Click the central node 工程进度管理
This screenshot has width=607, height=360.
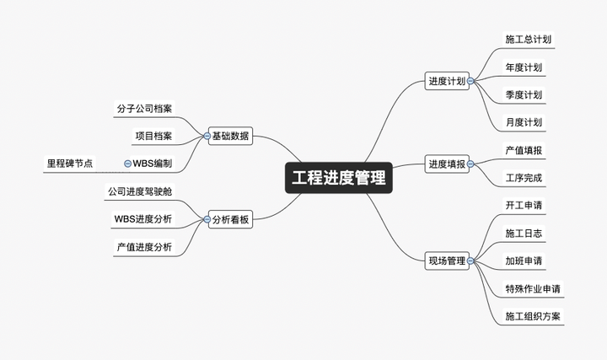pyautogui.click(x=339, y=178)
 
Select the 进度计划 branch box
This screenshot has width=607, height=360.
pyautogui.click(x=447, y=81)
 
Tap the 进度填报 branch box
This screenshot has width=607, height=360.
pyautogui.click(x=447, y=164)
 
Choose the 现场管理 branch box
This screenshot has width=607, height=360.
pyautogui.click(x=447, y=261)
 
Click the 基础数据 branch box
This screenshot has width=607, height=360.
pyautogui.click(x=230, y=136)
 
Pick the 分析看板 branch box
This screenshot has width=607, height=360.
pyautogui.click(x=230, y=219)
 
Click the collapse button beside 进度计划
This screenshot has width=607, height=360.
pyautogui.click(x=470, y=81)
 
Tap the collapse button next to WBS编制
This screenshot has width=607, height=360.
pyautogui.click(x=127, y=164)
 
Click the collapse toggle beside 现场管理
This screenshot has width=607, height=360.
pyautogui.click(x=470, y=261)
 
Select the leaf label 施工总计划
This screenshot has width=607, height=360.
pyautogui.click(x=528, y=39)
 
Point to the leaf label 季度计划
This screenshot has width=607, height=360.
pyautogui.click(x=524, y=94)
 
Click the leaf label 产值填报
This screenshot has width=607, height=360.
pyautogui.click(x=524, y=150)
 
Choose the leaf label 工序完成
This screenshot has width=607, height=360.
pyautogui.click(x=524, y=178)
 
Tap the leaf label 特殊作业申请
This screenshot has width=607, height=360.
pyautogui.click(x=533, y=289)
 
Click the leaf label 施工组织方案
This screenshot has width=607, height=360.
pyautogui.click(x=533, y=316)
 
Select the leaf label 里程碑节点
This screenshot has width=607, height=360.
pyautogui.click(x=70, y=164)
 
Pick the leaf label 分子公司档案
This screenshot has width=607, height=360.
pyautogui.click(x=144, y=109)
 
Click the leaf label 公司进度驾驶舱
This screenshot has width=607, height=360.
pyautogui.click(x=140, y=191)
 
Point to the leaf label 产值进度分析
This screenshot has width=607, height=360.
pyautogui.click(x=144, y=247)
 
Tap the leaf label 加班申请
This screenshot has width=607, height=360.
pyautogui.click(x=524, y=261)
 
